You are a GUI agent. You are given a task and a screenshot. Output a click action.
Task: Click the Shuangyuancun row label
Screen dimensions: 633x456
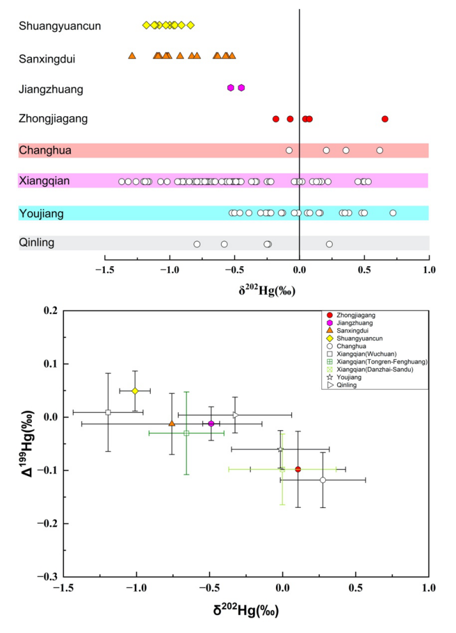pos(59,26)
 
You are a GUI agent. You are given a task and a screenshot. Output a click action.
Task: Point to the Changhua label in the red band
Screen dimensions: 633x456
pos(45,151)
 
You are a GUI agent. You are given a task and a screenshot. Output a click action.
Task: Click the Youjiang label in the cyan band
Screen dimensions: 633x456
pos(42,214)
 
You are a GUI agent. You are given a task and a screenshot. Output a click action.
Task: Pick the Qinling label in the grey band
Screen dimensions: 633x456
pos(37,242)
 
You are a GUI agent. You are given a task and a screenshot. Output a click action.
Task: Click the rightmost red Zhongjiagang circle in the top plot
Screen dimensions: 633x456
pos(384,119)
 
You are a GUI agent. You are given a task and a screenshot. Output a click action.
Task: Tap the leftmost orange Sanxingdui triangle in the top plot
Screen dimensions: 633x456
pos(132,56)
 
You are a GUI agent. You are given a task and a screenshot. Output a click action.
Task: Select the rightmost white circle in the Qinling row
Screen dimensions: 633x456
pos(329,244)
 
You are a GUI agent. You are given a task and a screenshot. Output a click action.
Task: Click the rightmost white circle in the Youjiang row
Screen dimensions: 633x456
pos(393,213)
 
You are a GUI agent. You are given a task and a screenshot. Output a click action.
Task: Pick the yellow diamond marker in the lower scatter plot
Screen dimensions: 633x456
pos(135,391)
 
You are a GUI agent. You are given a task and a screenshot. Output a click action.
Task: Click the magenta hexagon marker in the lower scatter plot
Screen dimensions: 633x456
pos(211,424)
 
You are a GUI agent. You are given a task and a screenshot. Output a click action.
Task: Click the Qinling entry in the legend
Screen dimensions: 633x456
pos(344,385)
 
